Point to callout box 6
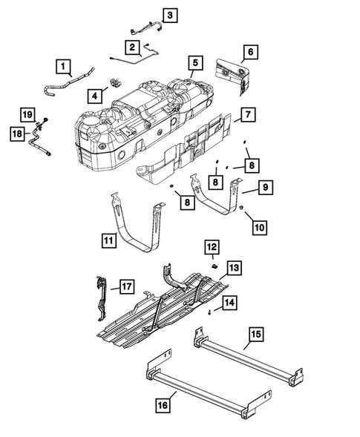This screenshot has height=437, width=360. coord(249,52)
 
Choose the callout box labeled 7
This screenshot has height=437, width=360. coord(248,115)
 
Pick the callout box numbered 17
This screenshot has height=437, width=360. coord(125,284)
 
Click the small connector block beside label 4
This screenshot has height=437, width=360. coord(116,79)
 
